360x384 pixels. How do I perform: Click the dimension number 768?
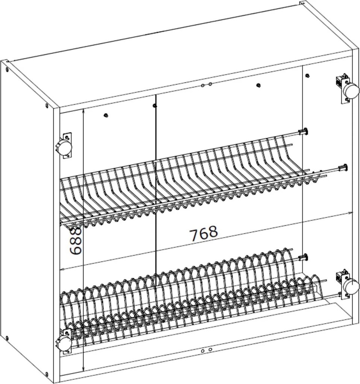pos(204,234)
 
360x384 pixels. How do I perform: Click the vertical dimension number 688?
pos(76,241)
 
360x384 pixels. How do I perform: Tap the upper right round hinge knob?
pos(351,91)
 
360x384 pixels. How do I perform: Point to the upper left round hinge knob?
pos(63,147)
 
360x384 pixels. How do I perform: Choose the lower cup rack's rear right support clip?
pos(303,258)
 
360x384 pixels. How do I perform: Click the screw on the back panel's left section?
pos(106,115)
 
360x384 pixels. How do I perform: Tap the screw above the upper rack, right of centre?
pos(258,85)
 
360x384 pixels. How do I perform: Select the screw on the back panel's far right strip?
pos(307,76)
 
